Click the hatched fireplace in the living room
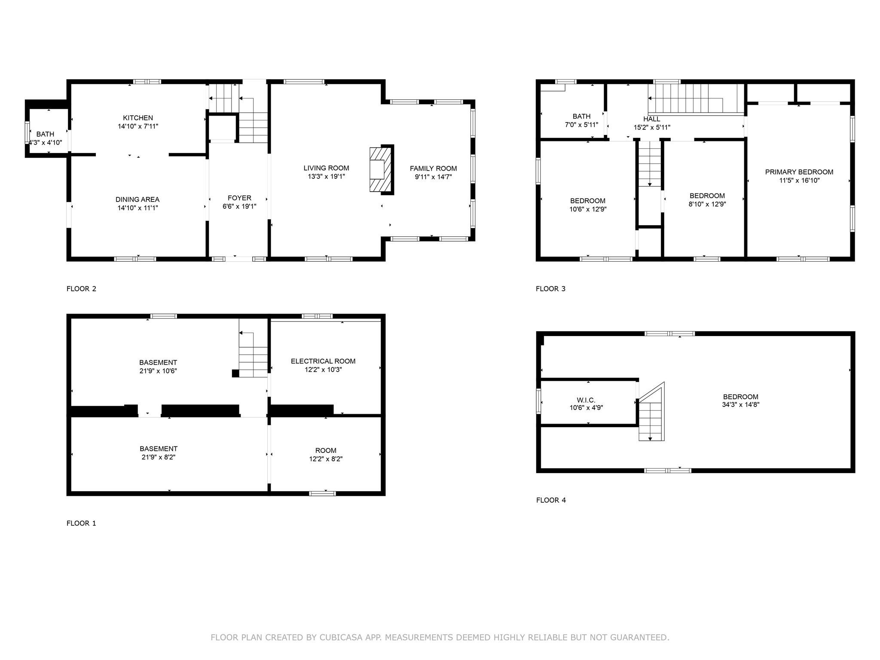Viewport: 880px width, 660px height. tap(381, 169)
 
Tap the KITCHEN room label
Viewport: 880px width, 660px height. tap(138, 118)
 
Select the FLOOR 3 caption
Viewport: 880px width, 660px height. tap(550, 289)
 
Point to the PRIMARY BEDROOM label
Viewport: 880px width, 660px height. tap(799, 172)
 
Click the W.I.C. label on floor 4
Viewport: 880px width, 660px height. tap(586, 400)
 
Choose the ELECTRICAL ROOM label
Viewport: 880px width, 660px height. tap(323, 361)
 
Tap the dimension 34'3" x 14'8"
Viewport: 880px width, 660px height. tap(740, 404)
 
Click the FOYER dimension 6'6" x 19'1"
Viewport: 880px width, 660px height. tap(239, 206)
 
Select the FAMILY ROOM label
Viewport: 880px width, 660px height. tap(433, 168)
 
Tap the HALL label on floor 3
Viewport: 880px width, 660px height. tap(651, 119)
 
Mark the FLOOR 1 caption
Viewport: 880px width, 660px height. tap(81, 523)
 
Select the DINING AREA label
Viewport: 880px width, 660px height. tap(137, 199)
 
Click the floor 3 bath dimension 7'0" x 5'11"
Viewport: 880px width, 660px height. tap(581, 125)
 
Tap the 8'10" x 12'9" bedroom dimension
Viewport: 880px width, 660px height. tap(707, 204)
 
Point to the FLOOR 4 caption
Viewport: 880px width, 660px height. tap(551, 500)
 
